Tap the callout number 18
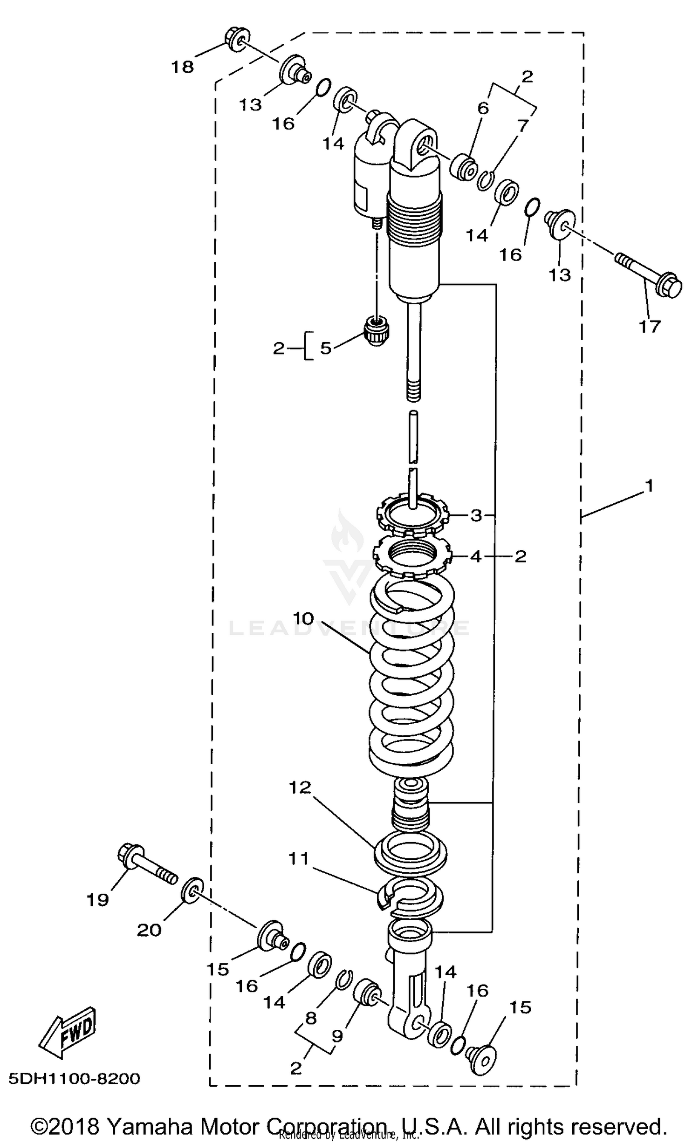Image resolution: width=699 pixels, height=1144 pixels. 182,67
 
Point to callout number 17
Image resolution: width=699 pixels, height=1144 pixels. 650,326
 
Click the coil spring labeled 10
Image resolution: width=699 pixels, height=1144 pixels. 411,680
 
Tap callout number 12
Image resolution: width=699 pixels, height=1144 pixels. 300,787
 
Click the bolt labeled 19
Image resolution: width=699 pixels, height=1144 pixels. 146,866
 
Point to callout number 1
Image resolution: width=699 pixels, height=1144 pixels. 649,486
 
